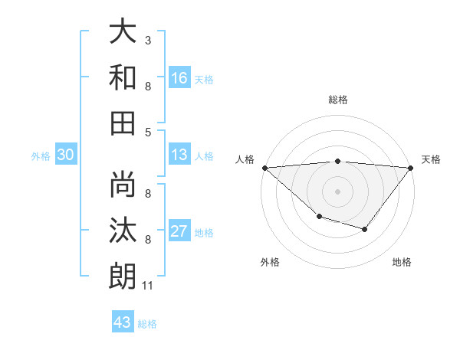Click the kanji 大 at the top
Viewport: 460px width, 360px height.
click(123, 32)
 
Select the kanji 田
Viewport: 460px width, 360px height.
click(123, 122)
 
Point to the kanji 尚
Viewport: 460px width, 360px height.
click(123, 186)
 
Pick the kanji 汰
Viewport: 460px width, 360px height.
click(123, 231)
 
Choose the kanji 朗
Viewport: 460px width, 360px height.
click(123, 276)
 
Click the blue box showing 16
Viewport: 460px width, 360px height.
click(179, 77)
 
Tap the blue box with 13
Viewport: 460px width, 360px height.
click(179, 154)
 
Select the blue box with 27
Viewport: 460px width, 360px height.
click(179, 231)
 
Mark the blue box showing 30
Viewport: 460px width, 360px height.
click(65, 155)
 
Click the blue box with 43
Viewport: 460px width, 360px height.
click(122, 322)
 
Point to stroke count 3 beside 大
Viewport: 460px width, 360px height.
click(148, 39)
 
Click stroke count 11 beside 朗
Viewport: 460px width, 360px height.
click(148, 286)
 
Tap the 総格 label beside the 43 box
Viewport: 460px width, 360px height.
click(147, 324)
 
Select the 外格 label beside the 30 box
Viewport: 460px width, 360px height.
click(41, 156)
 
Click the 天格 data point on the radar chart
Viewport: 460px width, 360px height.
click(411, 168)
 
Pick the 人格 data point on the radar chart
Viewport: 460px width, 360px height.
click(264, 167)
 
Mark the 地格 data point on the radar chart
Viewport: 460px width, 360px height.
click(365, 229)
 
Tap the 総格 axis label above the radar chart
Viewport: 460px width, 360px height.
click(338, 100)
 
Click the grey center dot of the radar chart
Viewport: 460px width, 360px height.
click(338, 191)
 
